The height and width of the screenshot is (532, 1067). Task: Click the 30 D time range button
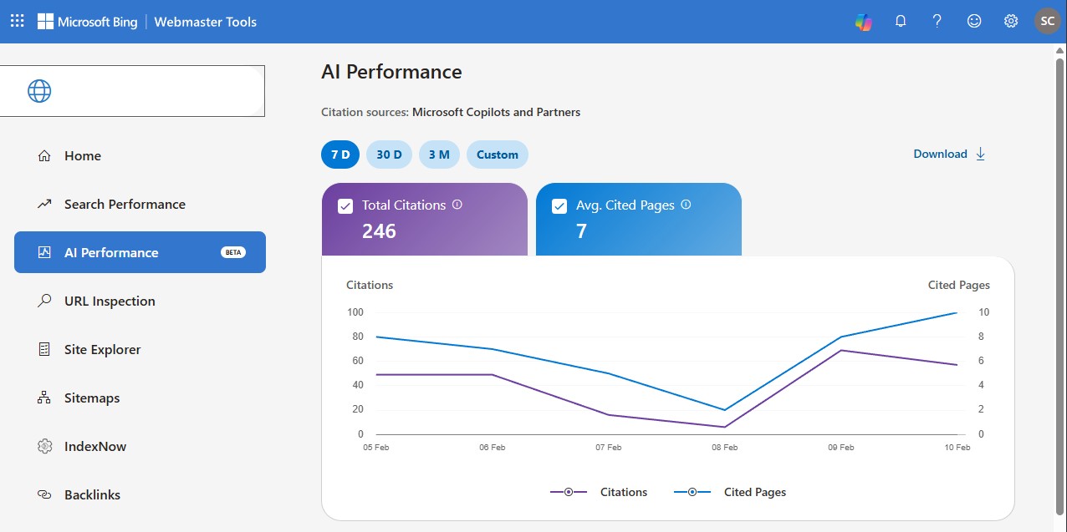[x=389, y=155]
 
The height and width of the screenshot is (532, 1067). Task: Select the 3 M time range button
[x=439, y=155]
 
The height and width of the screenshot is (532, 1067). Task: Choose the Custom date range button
[x=498, y=155]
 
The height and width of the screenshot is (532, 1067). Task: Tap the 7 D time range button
[x=339, y=155]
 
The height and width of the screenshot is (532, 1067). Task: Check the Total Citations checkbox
[x=345, y=206]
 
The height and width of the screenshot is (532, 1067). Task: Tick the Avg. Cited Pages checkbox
[x=559, y=206]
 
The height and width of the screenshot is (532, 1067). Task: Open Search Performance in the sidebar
[x=125, y=204]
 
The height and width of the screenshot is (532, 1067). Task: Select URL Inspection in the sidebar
[x=110, y=301]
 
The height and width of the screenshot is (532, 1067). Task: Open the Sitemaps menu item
[x=92, y=398]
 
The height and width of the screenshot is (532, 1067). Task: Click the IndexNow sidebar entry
[x=95, y=446]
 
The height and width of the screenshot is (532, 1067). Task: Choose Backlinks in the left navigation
[x=92, y=494]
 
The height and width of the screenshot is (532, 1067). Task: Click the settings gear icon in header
[x=1011, y=22]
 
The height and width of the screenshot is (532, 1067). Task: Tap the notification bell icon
[x=901, y=22]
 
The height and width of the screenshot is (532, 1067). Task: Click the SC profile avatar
[x=1048, y=22]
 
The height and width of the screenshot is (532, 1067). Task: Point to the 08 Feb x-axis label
[x=724, y=448]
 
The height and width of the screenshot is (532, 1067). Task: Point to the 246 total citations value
[x=379, y=231]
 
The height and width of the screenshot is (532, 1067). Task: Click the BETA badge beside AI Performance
[x=233, y=252]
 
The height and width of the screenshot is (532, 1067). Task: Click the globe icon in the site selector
[x=39, y=91]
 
